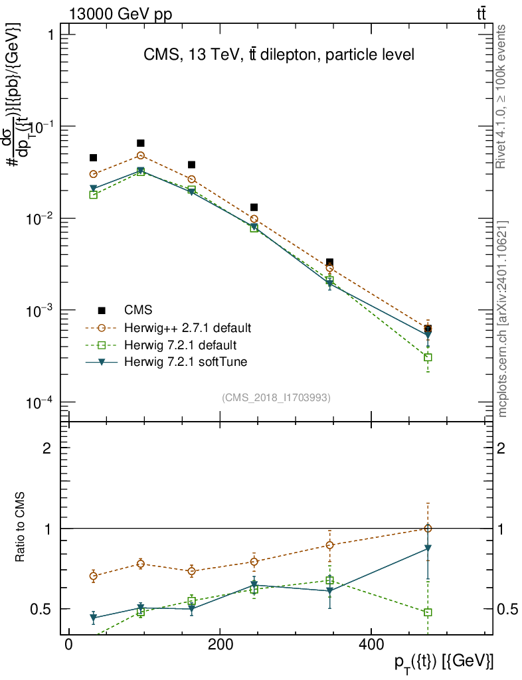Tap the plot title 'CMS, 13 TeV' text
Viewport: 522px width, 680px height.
coord(279,55)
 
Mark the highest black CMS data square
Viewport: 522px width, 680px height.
coord(141,143)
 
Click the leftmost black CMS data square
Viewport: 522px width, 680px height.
coord(94,158)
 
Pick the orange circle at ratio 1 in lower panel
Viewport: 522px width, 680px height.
coord(428,528)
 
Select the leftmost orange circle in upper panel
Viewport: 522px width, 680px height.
coord(94,174)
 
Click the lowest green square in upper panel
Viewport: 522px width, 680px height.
coord(428,357)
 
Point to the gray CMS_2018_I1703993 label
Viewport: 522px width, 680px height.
coord(276,397)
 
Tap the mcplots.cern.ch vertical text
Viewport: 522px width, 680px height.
coord(502,319)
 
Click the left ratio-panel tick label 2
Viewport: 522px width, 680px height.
coord(46,448)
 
